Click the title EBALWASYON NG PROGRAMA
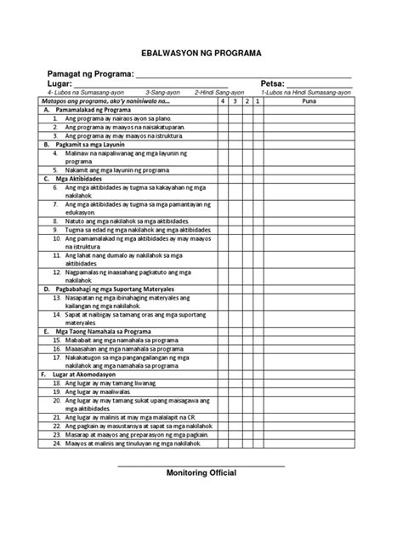coord(201,52)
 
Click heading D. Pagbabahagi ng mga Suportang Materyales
coord(117,288)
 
